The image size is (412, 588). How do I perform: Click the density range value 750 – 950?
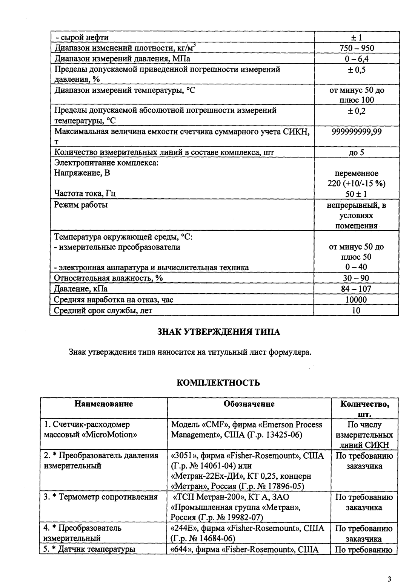tap(357, 48)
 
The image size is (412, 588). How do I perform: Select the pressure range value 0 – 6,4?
tap(357, 58)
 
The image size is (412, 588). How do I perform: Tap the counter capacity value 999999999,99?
tap(357, 132)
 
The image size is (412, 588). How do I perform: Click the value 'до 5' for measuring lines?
tap(357, 153)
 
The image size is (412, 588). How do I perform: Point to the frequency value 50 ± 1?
tap(357, 194)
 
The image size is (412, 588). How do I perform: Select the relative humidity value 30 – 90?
tap(357, 278)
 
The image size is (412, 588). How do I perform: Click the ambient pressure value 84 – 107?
tap(357, 289)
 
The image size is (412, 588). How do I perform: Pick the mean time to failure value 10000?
tap(357, 300)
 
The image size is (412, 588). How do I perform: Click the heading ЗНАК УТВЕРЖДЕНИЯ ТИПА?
tap(218, 332)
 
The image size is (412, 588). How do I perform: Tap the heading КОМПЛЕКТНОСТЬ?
tap(218, 383)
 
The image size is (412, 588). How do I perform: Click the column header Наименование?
tap(104, 404)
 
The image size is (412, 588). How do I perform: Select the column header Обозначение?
tap(249, 404)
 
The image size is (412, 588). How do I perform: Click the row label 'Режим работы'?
tap(81, 205)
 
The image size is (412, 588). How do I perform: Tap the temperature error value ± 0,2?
tap(357, 111)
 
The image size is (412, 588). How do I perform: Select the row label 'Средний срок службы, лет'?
tap(103, 311)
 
